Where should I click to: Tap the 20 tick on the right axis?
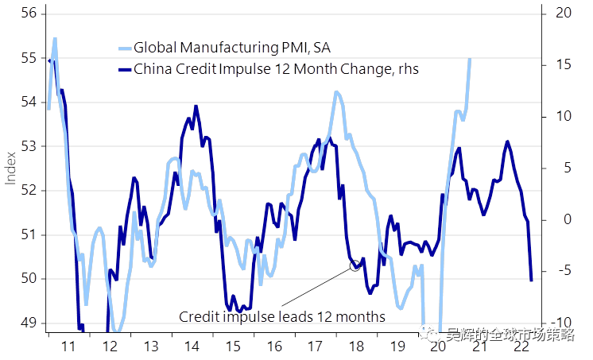[x=564, y=14]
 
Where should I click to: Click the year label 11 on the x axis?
[x=68, y=346]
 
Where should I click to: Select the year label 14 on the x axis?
[x=192, y=346]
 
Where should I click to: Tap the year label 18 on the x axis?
[x=357, y=346]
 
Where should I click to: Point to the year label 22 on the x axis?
[x=522, y=346]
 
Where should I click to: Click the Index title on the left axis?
[x=11, y=168]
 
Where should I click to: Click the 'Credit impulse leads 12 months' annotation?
[x=282, y=316]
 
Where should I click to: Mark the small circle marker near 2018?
[x=355, y=266]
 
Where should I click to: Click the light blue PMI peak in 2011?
[x=55, y=38]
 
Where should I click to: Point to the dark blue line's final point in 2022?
[x=531, y=280]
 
